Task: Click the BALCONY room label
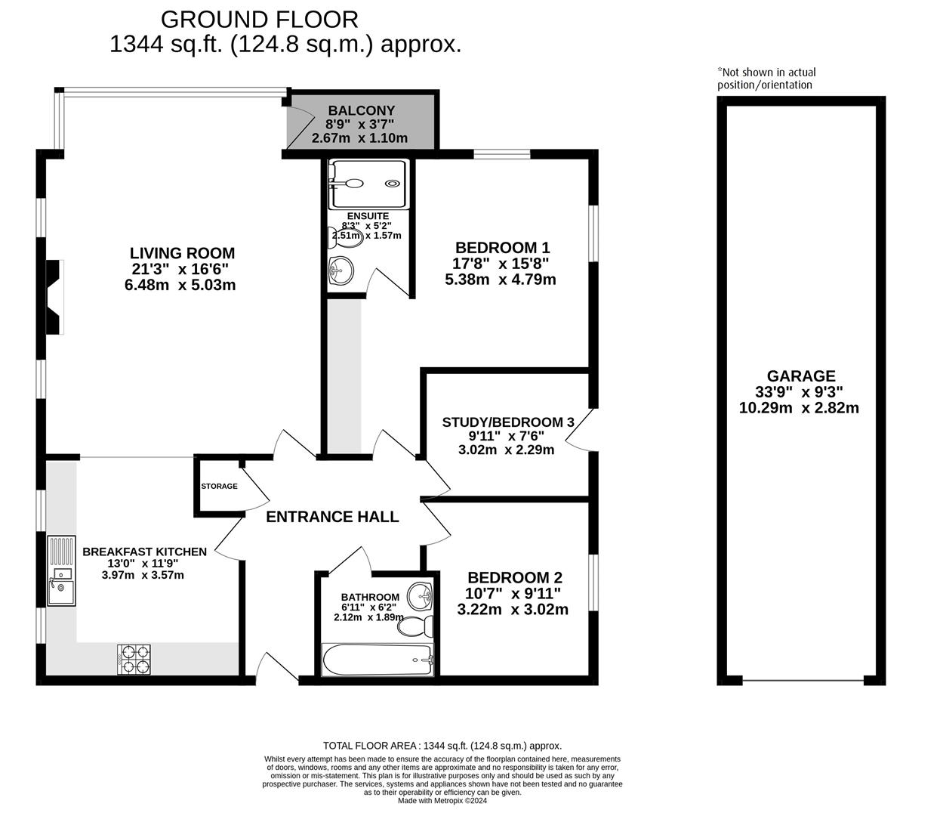(361, 110)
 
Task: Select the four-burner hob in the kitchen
(134, 659)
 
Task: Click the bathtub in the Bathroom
(377, 660)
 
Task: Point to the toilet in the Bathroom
(416, 626)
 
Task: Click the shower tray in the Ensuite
(368, 184)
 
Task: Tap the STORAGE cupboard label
(219, 486)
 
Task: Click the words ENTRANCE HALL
(332, 517)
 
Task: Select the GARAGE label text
(801, 376)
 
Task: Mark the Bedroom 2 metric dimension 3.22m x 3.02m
(513, 610)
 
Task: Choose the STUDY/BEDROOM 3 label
(503, 422)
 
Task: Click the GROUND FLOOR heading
(259, 18)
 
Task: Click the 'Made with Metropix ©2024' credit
(442, 801)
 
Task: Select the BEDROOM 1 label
(502, 247)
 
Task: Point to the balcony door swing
(302, 125)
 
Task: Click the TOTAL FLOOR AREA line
(442, 745)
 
